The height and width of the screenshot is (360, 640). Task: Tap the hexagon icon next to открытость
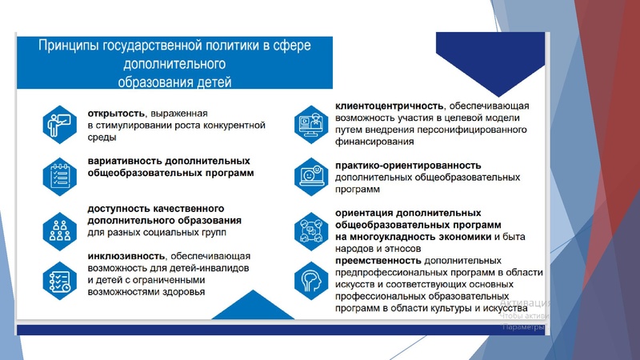pyautogui.click(x=59, y=124)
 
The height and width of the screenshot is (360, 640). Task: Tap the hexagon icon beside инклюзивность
pyautogui.click(x=59, y=279)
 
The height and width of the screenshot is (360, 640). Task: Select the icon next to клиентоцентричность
pyautogui.click(x=311, y=123)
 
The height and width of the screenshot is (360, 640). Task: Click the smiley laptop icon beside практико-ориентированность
pyautogui.click(x=311, y=174)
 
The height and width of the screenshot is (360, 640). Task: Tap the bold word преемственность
pyautogui.click(x=378, y=261)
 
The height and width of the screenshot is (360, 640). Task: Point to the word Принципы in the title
pyautogui.click(x=69, y=46)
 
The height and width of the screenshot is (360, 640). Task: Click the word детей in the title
pyautogui.click(x=212, y=80)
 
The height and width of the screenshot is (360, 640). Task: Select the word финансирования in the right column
pyautogui.click(x=374, y=143)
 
